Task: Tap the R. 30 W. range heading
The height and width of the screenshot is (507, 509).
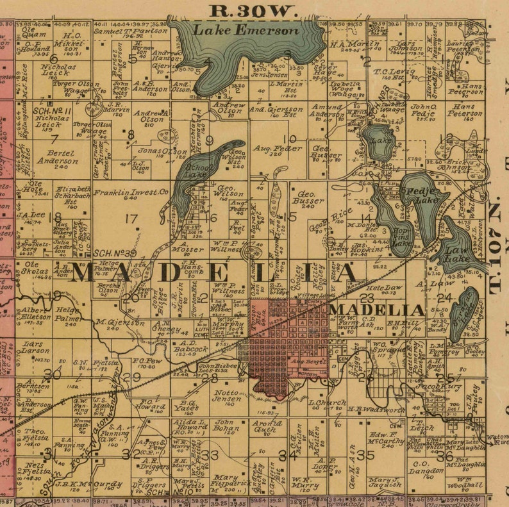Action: pyautogui.click(x=254, y=10)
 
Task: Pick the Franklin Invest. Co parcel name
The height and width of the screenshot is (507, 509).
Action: pyautogui.click(x=131, y=192)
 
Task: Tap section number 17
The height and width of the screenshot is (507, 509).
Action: pyautogui.click(x=131, y=219)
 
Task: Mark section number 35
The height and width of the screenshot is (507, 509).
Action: pyautogui.click(x=365, y=454)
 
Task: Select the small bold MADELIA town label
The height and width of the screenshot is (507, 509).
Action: pyautogui.click(x=378, y=310)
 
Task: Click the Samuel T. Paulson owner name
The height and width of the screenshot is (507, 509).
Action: pyautogui.click(x=130, y=30)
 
